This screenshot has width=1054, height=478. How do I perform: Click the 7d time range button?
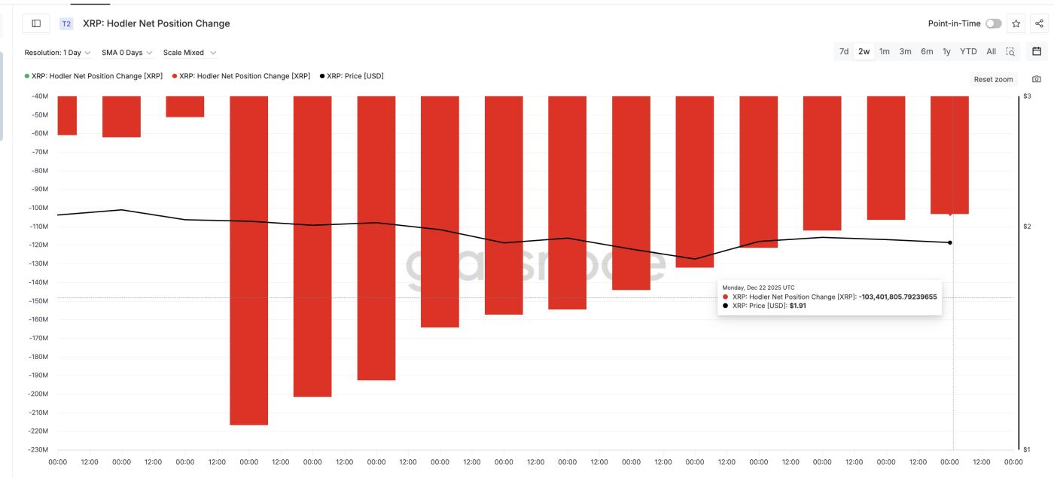[x=844, y=52]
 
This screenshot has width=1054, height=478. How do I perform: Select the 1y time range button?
[x=946, y=52]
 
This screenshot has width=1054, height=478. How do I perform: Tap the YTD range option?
[x=968, y=52]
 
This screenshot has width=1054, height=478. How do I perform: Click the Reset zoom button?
[x=993, y=79]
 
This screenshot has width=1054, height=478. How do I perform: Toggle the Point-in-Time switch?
[x=993, y=24]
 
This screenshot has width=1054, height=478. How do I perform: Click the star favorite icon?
[x=1016, y=24]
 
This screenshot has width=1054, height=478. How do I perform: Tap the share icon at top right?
[x=1039, y=24]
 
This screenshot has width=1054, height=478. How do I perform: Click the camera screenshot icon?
[x=1037, y=79]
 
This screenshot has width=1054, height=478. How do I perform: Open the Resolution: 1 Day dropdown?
[x=57, y=53]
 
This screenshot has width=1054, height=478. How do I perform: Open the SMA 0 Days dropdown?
[x=126, y=53]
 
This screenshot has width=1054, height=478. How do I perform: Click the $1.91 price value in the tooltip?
[x=797, y=306]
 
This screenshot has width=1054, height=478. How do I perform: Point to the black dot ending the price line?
[x=950, y=242]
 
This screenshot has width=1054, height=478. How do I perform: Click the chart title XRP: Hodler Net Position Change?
[x=156, y=24]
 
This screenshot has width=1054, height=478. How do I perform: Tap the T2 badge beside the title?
[x=66, y=24]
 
